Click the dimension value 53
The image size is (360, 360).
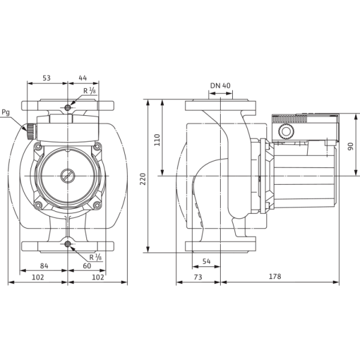(47, 78)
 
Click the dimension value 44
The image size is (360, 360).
(83, 78)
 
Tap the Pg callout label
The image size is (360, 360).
(6, 113)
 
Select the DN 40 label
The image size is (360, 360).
(220, 86)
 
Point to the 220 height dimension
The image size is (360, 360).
(143, 179)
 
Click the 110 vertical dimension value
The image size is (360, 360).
(157, 140)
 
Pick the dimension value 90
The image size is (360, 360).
(350, 146)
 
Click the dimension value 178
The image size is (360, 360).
(275, 276)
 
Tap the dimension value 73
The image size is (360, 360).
(198, 277)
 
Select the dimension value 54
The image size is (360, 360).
(206, 261)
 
